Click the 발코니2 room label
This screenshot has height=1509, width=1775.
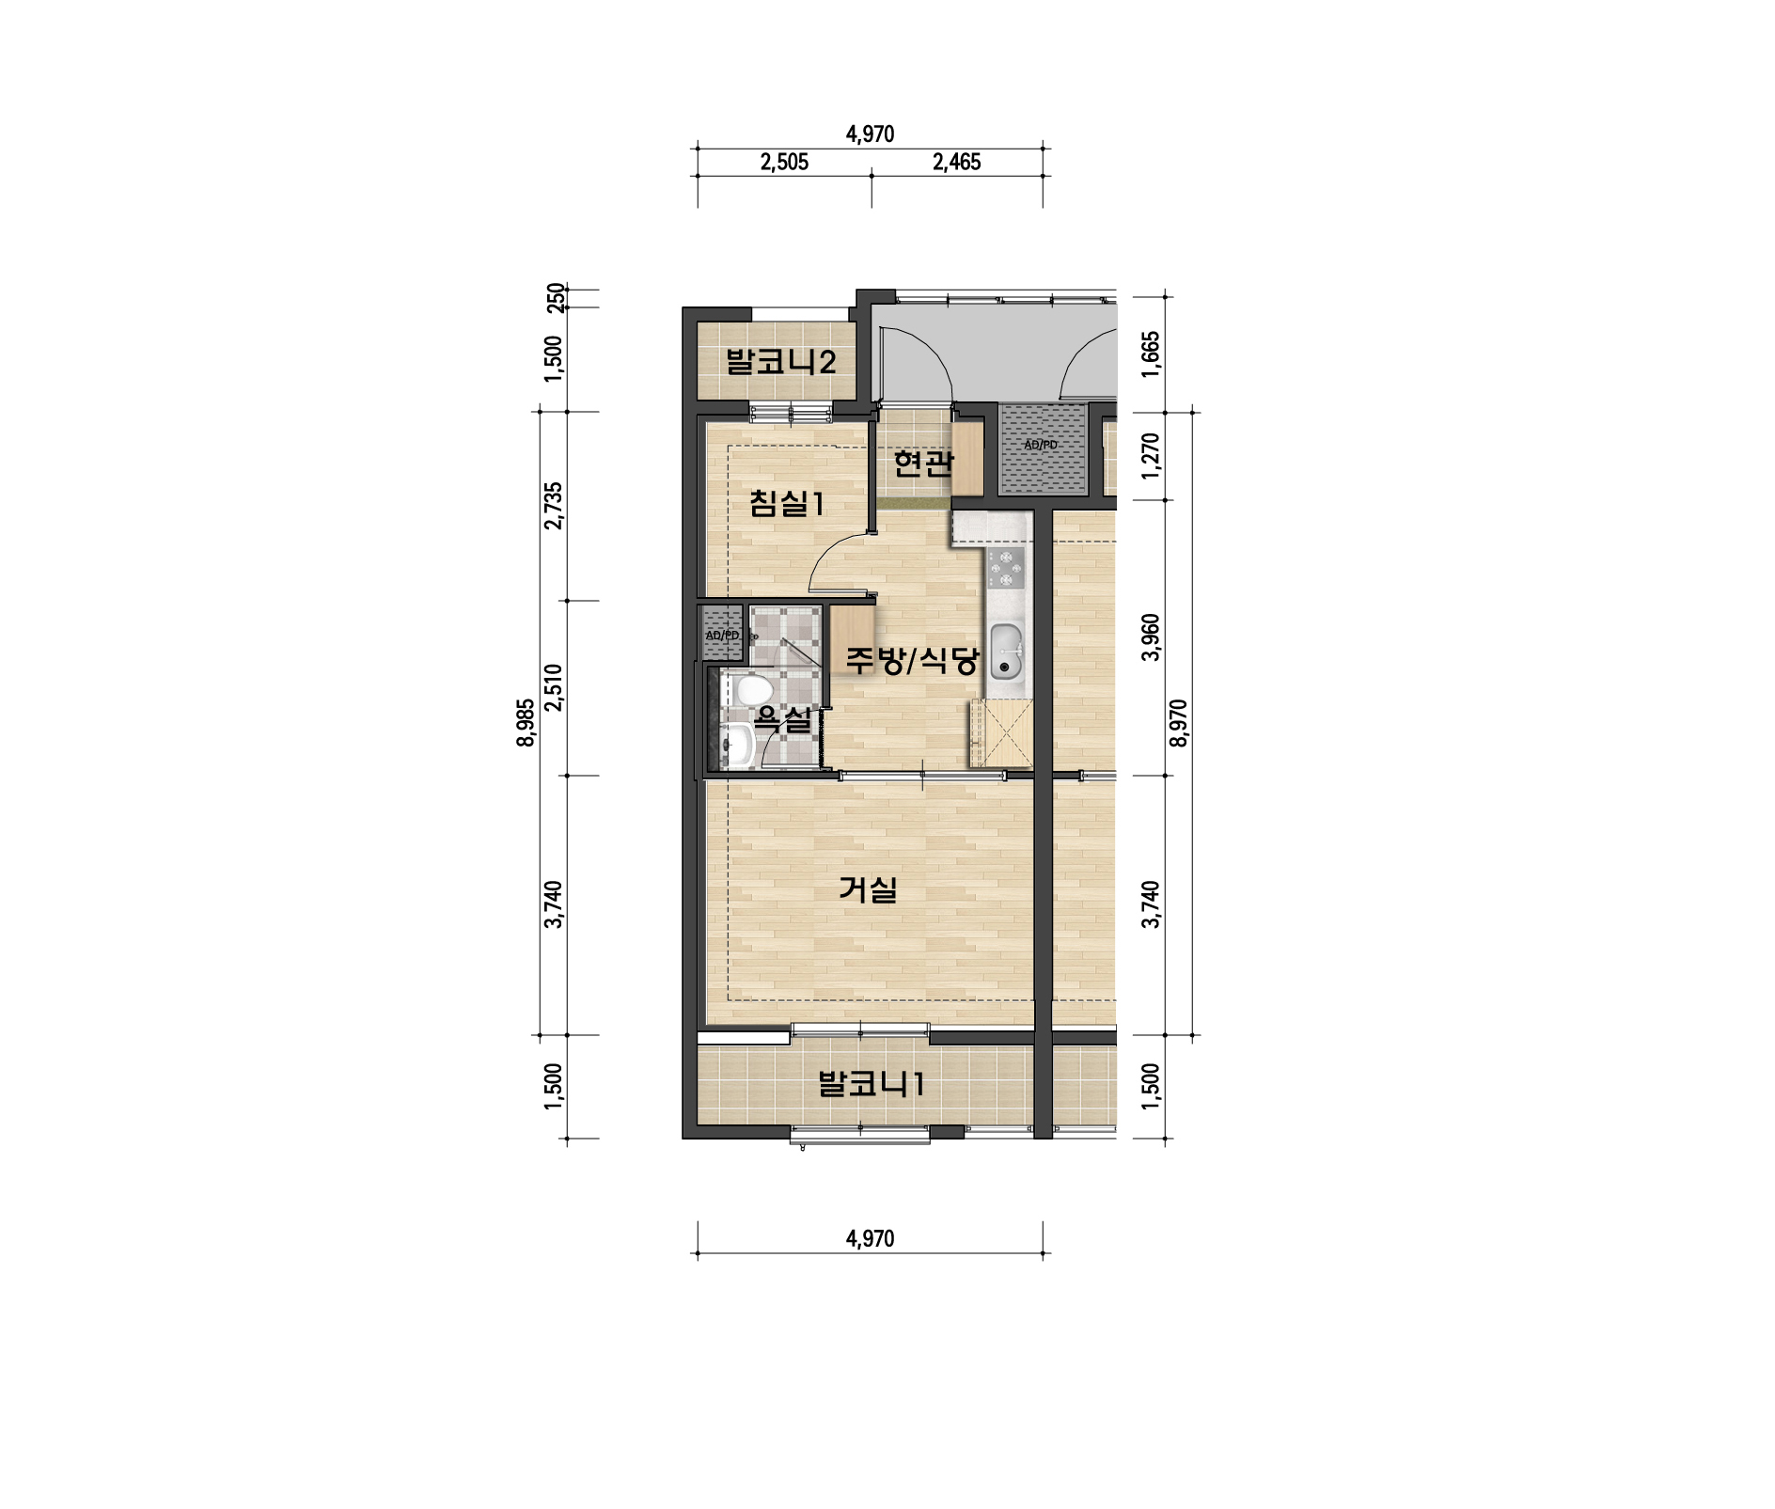pyautogui.click(x=780, y=362)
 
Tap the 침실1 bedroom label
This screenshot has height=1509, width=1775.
pyautogui.click(x=787, y=503)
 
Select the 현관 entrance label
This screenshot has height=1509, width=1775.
pyautogui.click(x=923, y=463)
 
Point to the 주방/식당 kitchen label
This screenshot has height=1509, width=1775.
pyautogui.click(x=912, y=660)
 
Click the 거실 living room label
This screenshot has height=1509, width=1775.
pyautogui.click(x=869, y=888)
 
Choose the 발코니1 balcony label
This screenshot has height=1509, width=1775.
pyautogui.click(x=872, y=1084)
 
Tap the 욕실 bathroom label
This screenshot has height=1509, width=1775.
pyautogui.click(x=783, y=720)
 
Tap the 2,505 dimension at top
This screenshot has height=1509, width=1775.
pyautogui.click(x=784, y=162)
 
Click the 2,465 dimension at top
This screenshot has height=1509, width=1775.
pyautogui.click(x=956, y=162)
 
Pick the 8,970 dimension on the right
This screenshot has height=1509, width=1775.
pyautogui.click(x=1178, y=722)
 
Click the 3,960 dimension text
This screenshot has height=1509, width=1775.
pyautogui.click(x=1151, y=637)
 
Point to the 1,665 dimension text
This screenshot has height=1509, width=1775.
pyautogui.click(x=1151, y=354)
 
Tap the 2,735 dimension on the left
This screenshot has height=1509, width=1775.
pyautogui.click(x=554, y=506)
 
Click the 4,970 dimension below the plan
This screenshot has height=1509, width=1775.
pyautogui.click(x=870, y=1238)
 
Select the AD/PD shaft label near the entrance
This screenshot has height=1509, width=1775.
pyautogui.click(x=1041, y=445)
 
